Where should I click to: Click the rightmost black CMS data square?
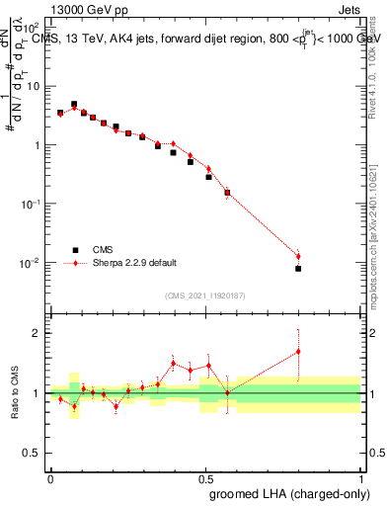pyautogui.click(x=298, y=268)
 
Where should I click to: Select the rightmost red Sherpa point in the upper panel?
pyautogui.click(x=298, y=257)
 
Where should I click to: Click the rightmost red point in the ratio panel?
pyautogui.click(x=298, y=351)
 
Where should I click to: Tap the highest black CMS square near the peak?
pyautogui.click(x=74, y=104)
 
